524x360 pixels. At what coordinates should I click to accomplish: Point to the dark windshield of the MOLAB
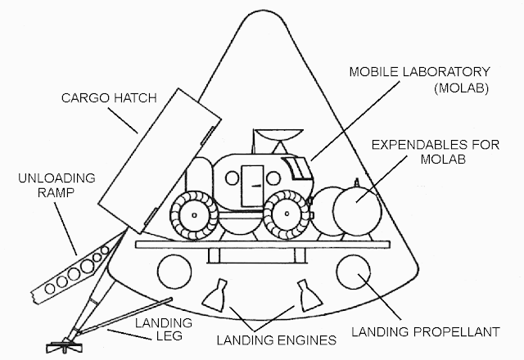coord(298,169)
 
